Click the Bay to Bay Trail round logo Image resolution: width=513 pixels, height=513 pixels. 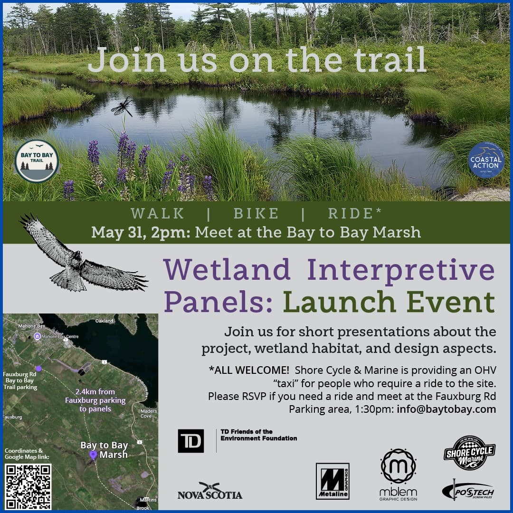pos(37,161)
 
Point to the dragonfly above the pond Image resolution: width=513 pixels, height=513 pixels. pos(122,106)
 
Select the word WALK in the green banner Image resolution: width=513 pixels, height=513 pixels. pos(158,214)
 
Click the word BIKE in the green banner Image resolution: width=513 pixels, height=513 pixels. pos(256,214)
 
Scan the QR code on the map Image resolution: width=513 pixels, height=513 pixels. pos(28,486)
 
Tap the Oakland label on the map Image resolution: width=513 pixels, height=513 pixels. pos(104,321)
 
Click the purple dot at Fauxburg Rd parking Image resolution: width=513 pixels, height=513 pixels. pos(38,368)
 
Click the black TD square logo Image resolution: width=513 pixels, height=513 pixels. pos(191,440)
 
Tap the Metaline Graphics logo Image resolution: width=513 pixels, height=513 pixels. pos(332,481)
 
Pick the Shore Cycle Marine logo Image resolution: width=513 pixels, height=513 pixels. pos(469,453)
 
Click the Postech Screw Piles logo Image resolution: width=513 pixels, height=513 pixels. pos(467,490)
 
